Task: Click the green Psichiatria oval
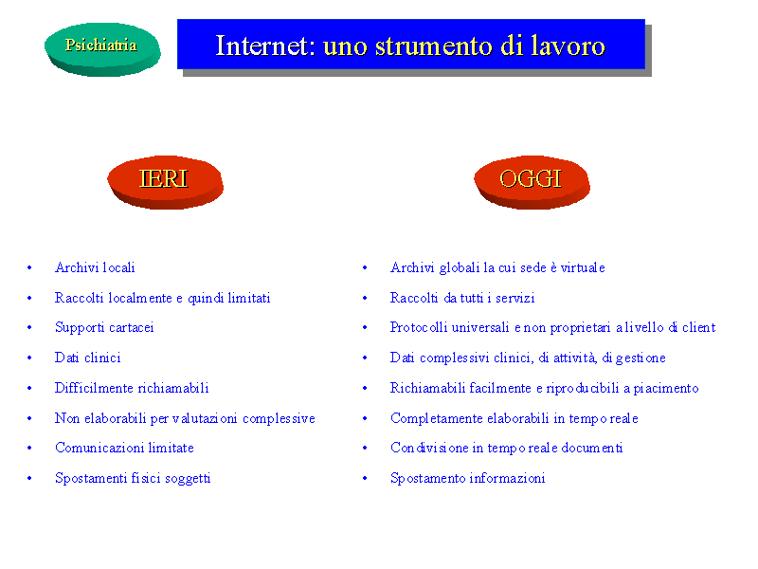coord(102,49)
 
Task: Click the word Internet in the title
coord(264,46)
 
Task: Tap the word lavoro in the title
coord(568,46)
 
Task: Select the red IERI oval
coord(165,182)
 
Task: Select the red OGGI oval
coord(532,182)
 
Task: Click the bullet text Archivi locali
coord(95,267)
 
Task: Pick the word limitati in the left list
coord(249,298)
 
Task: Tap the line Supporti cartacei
coord(104,328)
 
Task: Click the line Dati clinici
coord(87,358)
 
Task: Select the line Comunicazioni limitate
coord(124,448)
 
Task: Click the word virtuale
coord(583,267)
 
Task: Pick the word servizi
coord(515,298)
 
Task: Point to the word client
coord(699,327)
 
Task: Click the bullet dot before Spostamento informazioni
coord(365,478)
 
